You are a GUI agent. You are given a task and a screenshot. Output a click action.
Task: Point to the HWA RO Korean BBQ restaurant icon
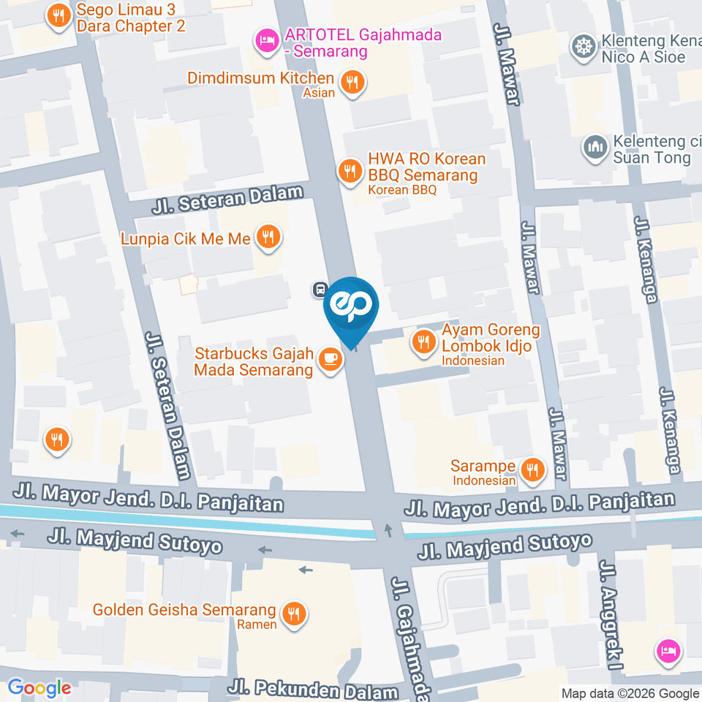click(350, 171)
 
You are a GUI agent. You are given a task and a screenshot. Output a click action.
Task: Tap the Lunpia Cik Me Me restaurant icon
click(269, 237)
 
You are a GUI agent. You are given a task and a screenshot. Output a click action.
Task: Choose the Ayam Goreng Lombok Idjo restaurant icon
click(423, 340)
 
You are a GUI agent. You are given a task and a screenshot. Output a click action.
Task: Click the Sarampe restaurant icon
click(533, 469)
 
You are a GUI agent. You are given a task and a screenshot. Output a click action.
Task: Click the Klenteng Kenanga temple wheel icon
click(583, 45)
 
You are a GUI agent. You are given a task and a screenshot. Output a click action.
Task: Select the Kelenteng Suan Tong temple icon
click(595, 146)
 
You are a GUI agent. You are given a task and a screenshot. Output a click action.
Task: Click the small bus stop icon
click(319, 289)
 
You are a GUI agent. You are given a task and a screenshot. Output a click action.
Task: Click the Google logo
click(39, 688)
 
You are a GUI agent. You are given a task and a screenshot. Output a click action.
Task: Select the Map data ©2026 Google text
click(630, 693)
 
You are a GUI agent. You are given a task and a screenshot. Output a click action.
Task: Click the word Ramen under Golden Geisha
click(257, 624)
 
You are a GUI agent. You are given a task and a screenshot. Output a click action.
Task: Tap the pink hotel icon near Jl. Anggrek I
click(669, 649)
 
